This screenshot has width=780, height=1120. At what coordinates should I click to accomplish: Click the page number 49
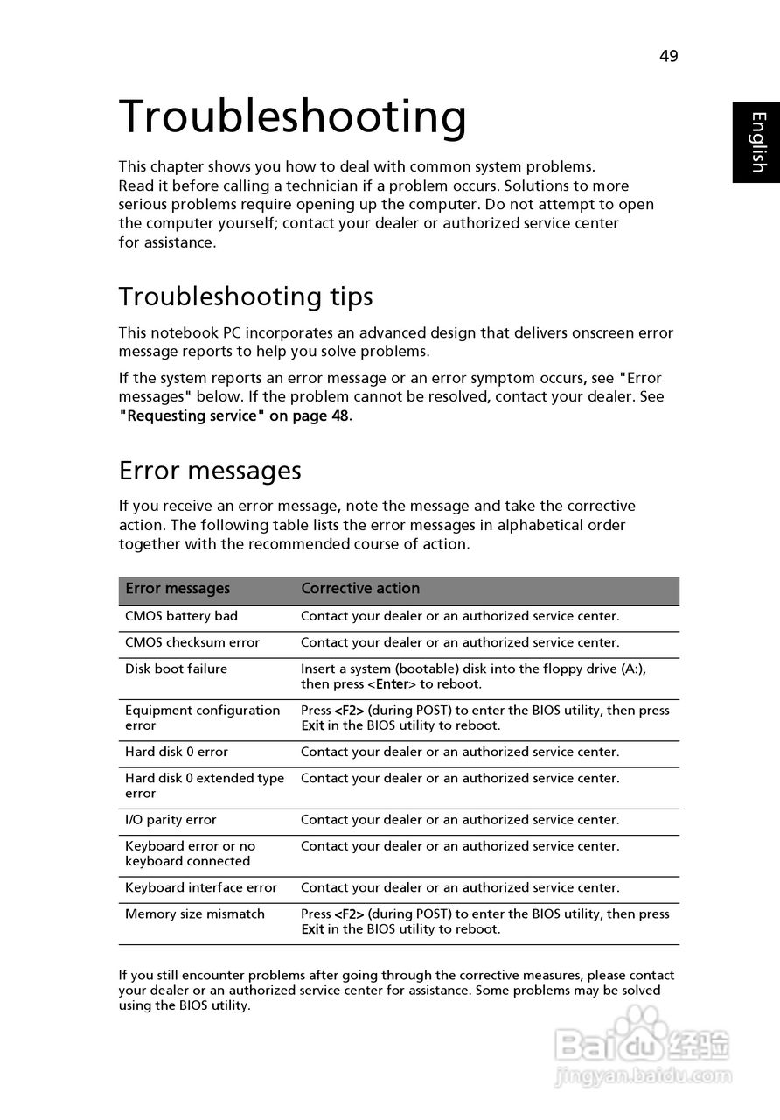point(668,56)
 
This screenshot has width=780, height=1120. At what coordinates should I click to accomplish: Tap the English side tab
point(756,142)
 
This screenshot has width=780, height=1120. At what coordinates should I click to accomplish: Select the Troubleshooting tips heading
point(246,297)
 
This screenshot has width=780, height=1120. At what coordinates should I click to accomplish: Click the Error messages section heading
point(210,471)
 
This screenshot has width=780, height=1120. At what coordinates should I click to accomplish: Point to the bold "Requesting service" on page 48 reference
point(234,416)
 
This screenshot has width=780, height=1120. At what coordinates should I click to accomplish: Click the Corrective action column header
point(360,589)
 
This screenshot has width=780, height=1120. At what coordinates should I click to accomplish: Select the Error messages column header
point(178,589)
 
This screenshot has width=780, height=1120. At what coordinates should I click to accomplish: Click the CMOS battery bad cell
point(181,616)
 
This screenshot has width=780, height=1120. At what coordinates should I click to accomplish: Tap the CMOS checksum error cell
point(192,642)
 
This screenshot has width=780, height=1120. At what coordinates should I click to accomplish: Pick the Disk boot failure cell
point(176,668)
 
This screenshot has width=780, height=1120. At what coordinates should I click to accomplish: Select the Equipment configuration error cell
point(202,717)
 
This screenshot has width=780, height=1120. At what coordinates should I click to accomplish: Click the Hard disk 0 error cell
point(176,752)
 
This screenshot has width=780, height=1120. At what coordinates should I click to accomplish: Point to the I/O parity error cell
point(171,820)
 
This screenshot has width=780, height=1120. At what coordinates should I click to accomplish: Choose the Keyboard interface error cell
point(201,887)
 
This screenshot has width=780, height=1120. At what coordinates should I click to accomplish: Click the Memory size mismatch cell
point(195,913)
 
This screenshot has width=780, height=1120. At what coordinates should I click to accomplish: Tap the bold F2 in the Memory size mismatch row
point(350,913)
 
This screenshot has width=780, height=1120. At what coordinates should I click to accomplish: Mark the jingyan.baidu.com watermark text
point(643,1074)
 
